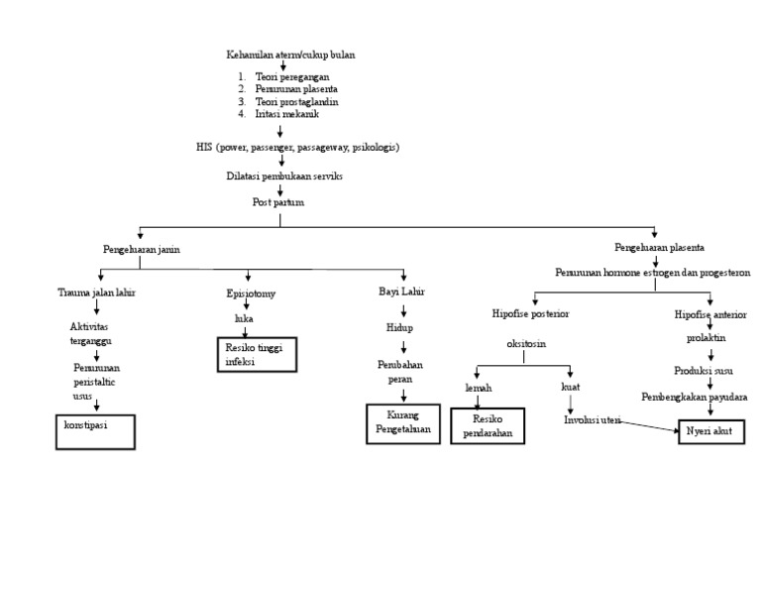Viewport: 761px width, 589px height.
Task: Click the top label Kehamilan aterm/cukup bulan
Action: [x=290, y=56]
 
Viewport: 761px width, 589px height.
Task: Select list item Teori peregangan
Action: [x=292, y=76]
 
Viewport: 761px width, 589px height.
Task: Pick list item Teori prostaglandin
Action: [x=297, y=101]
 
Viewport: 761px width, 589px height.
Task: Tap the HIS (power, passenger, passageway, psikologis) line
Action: [x=298, y=147]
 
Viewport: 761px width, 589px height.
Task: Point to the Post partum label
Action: [x=278, y=201]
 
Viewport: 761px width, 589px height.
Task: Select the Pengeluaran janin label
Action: [x=142, y=250]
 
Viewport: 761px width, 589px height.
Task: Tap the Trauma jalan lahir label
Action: [x=96, y=293]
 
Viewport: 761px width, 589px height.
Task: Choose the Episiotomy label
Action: [x=251, y=294]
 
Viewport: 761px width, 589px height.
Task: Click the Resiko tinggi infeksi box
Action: [x=257, y=355]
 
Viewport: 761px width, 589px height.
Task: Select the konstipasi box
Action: [x=94, y=432]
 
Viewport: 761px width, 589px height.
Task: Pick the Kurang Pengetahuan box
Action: [x=403, y=423]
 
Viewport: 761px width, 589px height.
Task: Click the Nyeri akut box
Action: [x=709, y=432]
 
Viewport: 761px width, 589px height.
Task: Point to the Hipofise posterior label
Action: [x=531, y=314]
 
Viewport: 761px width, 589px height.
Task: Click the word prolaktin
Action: [x=707, y=338]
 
